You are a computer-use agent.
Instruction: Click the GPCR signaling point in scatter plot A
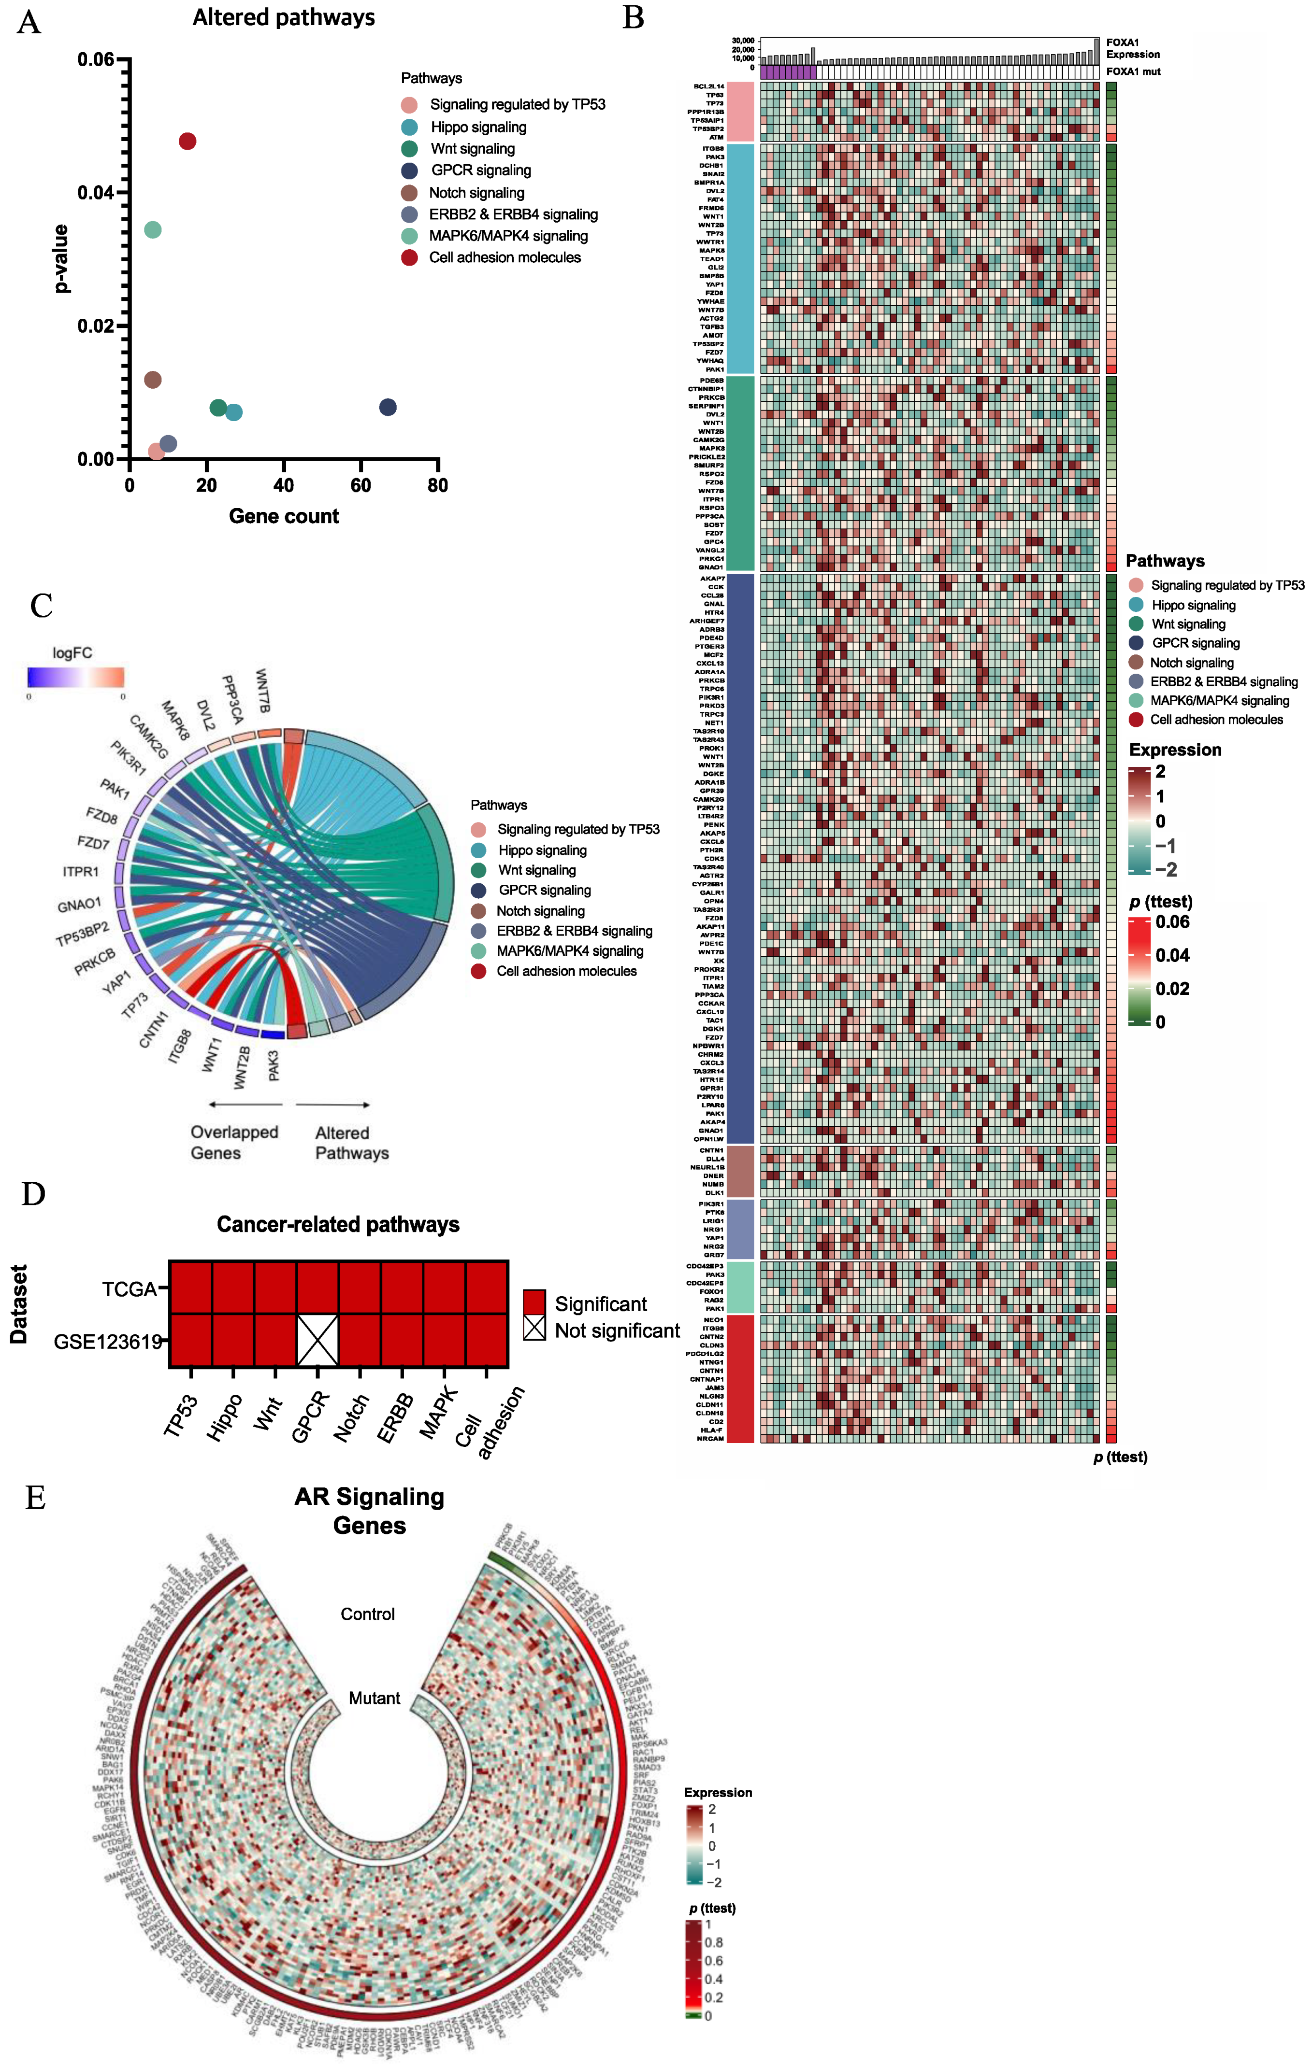click(x=388, y=407)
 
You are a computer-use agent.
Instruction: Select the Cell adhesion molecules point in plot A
click(x=187, y=141)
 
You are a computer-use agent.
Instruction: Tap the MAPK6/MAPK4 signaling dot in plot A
click(x=153, y=230)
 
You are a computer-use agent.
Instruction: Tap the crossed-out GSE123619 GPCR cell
click(x=317, y=1340)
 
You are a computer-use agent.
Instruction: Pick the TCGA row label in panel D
click(x=130, y=1289)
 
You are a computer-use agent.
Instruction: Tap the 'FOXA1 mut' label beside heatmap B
click(x=1133, y=72)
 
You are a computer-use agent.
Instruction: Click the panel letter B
click(x=633, y=18)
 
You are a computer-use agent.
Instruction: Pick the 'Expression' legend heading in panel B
click(x=1175, y=750)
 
